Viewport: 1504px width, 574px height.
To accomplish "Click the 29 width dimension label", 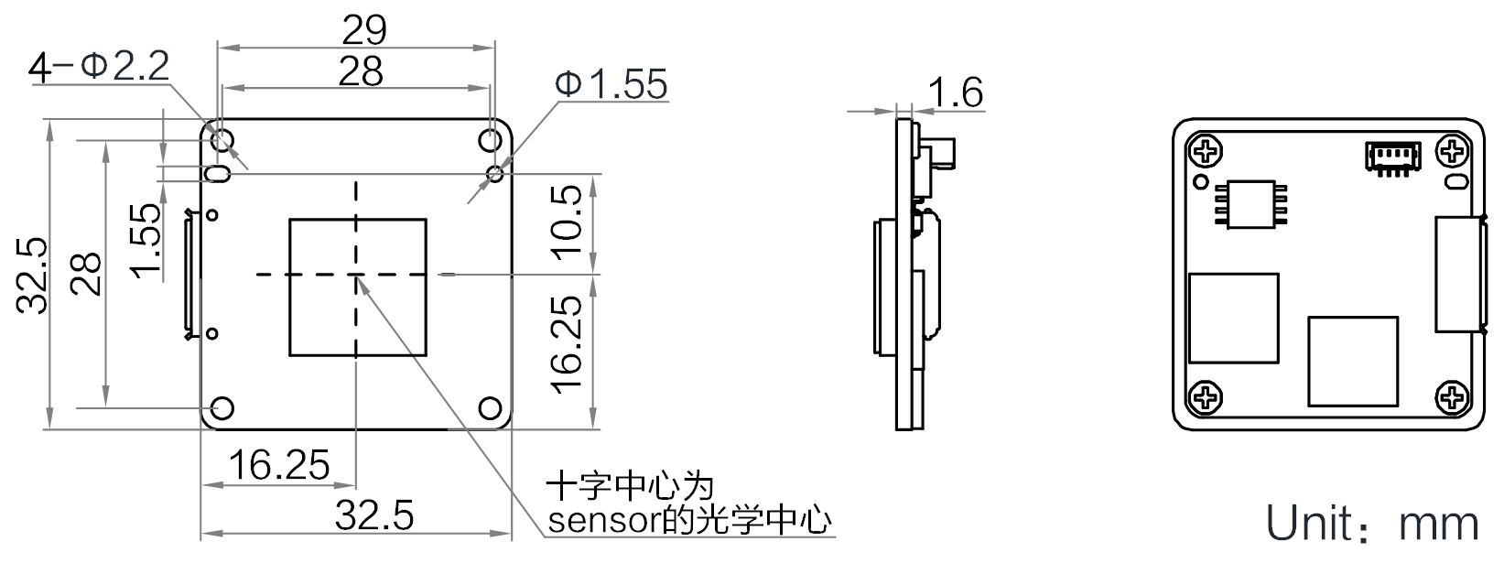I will coord(364,30).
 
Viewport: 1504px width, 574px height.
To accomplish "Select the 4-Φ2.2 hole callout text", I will coord(100,66).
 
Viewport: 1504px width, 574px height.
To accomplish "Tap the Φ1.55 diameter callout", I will coord(611,84).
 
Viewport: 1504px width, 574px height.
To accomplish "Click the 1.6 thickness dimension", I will coord(956,92).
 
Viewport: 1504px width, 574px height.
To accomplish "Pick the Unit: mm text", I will coord(1371,524).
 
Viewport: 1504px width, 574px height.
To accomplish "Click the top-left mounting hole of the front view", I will coord(222,140).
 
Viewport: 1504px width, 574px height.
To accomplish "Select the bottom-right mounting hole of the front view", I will coord(491,407).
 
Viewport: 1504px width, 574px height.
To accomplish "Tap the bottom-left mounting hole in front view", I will coord(222,407).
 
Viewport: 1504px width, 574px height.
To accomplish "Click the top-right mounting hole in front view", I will coord(491,140).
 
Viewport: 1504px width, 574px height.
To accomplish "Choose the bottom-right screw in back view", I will coord(1452,397).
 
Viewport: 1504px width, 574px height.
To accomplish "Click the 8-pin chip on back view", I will coord(1250,203).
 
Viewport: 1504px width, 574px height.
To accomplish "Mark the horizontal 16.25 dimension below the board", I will coord(278,466).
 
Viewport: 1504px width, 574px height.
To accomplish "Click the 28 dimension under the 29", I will coord(361,71).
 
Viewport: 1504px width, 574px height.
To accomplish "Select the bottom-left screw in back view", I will coord(1205,397).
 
